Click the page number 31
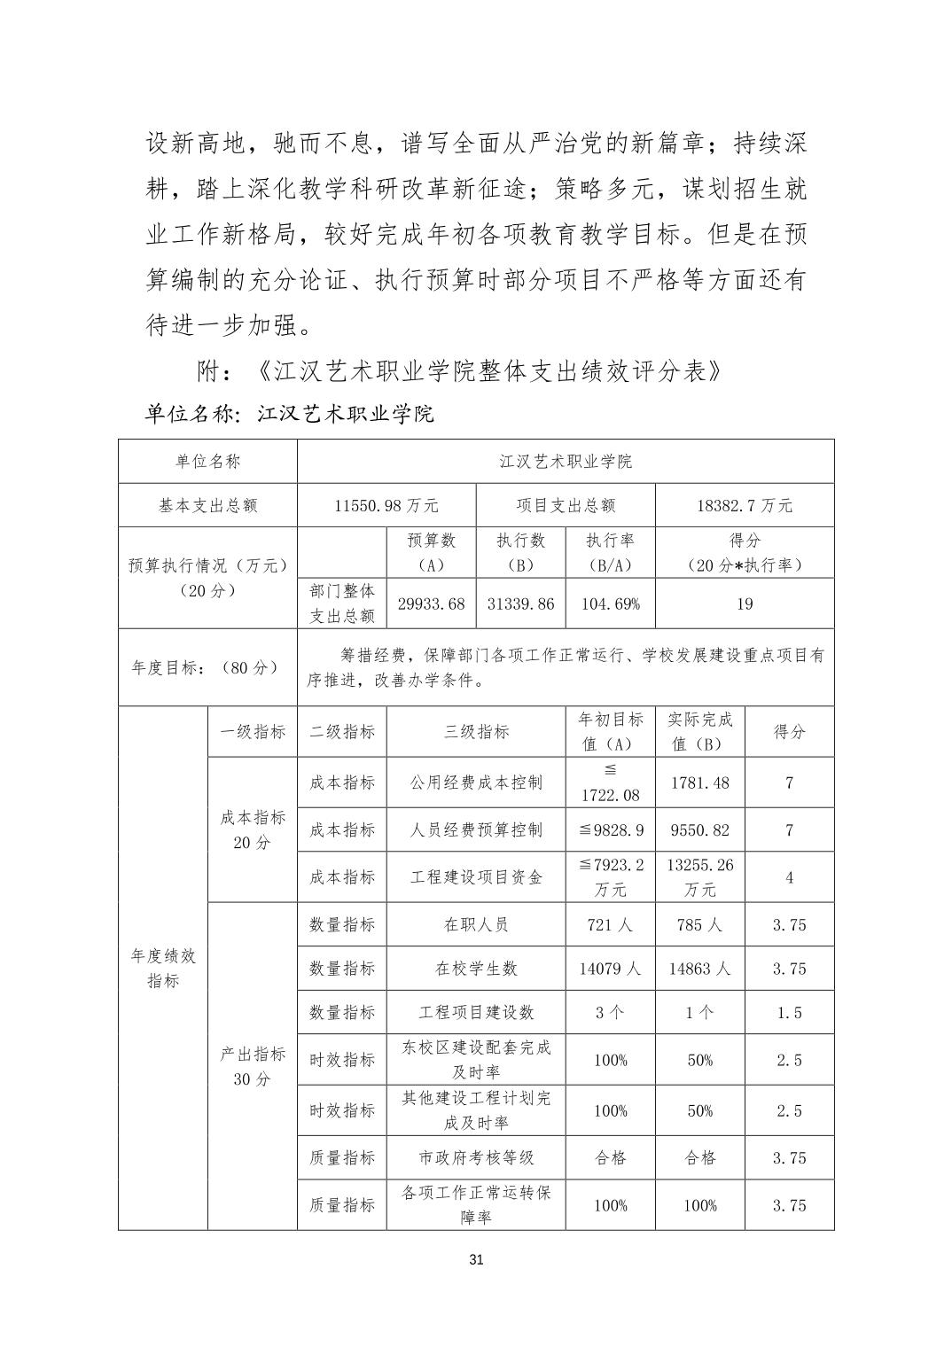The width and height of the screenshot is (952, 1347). [476, 1260]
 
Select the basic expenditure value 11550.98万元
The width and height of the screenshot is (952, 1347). [386, 506]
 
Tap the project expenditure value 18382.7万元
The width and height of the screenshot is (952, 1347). [745, 506]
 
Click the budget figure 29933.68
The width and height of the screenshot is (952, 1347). [431, 604]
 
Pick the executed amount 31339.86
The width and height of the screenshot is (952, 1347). [520, 604]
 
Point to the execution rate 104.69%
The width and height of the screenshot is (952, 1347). [610, 604]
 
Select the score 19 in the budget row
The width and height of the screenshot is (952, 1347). [745, 604]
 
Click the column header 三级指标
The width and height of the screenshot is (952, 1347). [476, 732]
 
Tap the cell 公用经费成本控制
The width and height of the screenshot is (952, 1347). [476, 783]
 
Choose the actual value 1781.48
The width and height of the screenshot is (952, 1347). [699, 783]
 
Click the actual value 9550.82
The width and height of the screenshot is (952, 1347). [699, 830]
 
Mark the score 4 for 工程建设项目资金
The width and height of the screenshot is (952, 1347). [789, 877]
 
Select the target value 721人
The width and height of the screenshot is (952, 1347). [610, 925]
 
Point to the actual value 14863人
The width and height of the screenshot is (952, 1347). [699, 969]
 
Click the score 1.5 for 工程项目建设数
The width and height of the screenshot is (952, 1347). [789, 1013]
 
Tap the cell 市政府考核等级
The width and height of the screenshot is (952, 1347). [476, 1158]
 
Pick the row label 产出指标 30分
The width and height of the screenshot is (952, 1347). [253, 1066]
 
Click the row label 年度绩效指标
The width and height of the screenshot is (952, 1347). [163, 968]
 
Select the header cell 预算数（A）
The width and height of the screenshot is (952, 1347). [431, 553]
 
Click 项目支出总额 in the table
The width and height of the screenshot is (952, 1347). [566, 506]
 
